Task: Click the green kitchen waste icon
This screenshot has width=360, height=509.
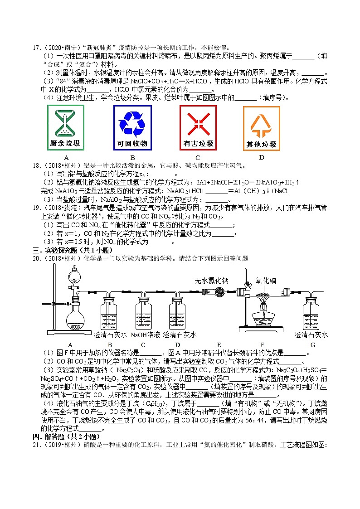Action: pos(66,122)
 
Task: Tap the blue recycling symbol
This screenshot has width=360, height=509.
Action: pos(132,122)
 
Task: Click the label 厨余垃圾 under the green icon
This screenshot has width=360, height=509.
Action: pos(66,144)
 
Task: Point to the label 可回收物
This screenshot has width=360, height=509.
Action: pos(132,144)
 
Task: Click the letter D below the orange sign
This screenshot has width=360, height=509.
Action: pos(261,157)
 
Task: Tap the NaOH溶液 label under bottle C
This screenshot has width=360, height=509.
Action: pos(145,335)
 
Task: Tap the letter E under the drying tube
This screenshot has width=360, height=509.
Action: pos(219,344)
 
